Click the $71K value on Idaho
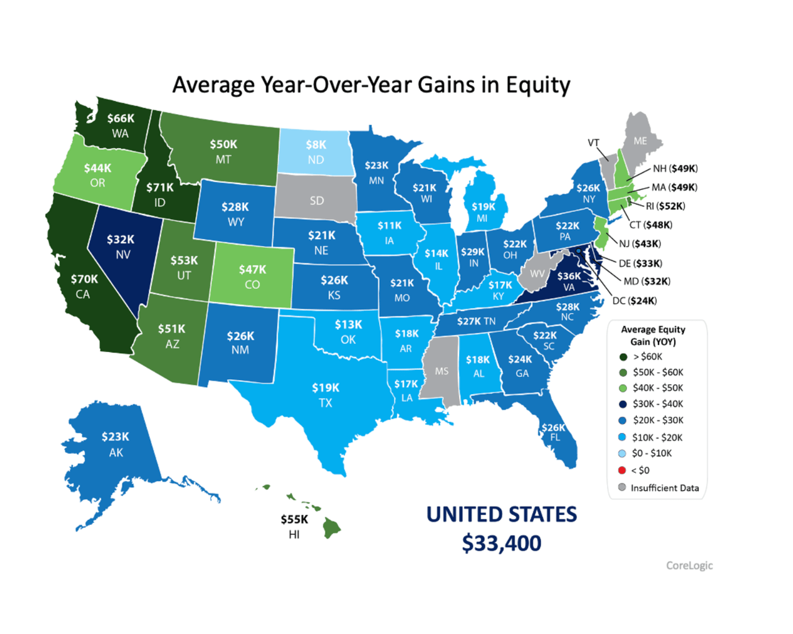(x=160, y=187)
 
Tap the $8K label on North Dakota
(x=316, y=144)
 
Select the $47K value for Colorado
(x=252, y=270)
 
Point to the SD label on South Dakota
(x=317, y=201)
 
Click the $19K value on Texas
(x=325, y=388)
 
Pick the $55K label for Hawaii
(x=294, y=519)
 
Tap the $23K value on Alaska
(x=115, y=437)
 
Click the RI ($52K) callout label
(x=665, y=206)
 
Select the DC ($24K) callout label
(x=634, y=301)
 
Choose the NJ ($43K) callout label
(x=639, y=244)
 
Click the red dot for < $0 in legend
(x=622, y=470)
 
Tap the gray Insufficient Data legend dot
(x=622, y=488)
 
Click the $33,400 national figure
(x=501, y=544)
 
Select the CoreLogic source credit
(x=689, y=565)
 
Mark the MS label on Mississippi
(x=441, y=371)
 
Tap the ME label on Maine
(x=640, y=141)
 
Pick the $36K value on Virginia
(x=569, y=276)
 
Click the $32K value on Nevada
(x=120, y=239)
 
